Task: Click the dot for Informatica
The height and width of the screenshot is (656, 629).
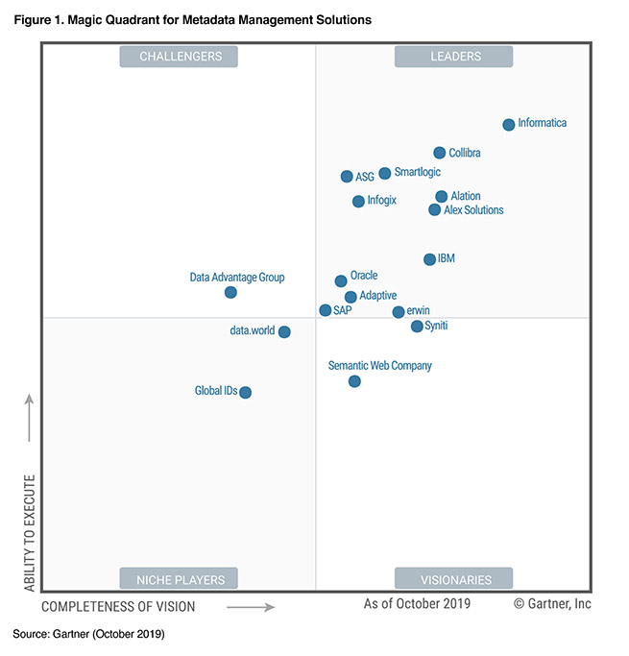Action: click(509, 125)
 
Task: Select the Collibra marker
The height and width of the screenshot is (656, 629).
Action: click(440, 153)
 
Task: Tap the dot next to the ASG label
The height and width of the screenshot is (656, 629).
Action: click(347, 177)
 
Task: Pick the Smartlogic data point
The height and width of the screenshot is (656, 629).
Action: click(385, 174)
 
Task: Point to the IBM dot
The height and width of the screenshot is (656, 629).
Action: click(429, 259)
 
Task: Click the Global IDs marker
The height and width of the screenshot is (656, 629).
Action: click(246, 392)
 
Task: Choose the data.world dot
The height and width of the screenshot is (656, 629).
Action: click(284, 332)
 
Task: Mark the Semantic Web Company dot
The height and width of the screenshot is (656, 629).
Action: click(354, 381)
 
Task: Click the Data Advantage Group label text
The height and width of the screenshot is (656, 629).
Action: click(237, 278)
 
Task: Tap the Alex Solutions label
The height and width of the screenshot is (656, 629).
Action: click(473, 210)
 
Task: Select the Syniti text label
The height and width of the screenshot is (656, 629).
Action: click(436, 326)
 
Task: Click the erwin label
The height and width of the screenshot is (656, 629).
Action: click(418, 311)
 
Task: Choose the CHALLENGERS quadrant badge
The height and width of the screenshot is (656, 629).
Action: click(180, 57)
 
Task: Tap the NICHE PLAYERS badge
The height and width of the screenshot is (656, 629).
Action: click(180, 579)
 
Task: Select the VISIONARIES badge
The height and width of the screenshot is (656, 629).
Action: click(454, 579)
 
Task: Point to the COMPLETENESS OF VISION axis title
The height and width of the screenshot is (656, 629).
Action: click(118, 607)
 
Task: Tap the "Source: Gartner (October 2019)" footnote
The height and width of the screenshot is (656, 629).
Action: click(88, 635)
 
